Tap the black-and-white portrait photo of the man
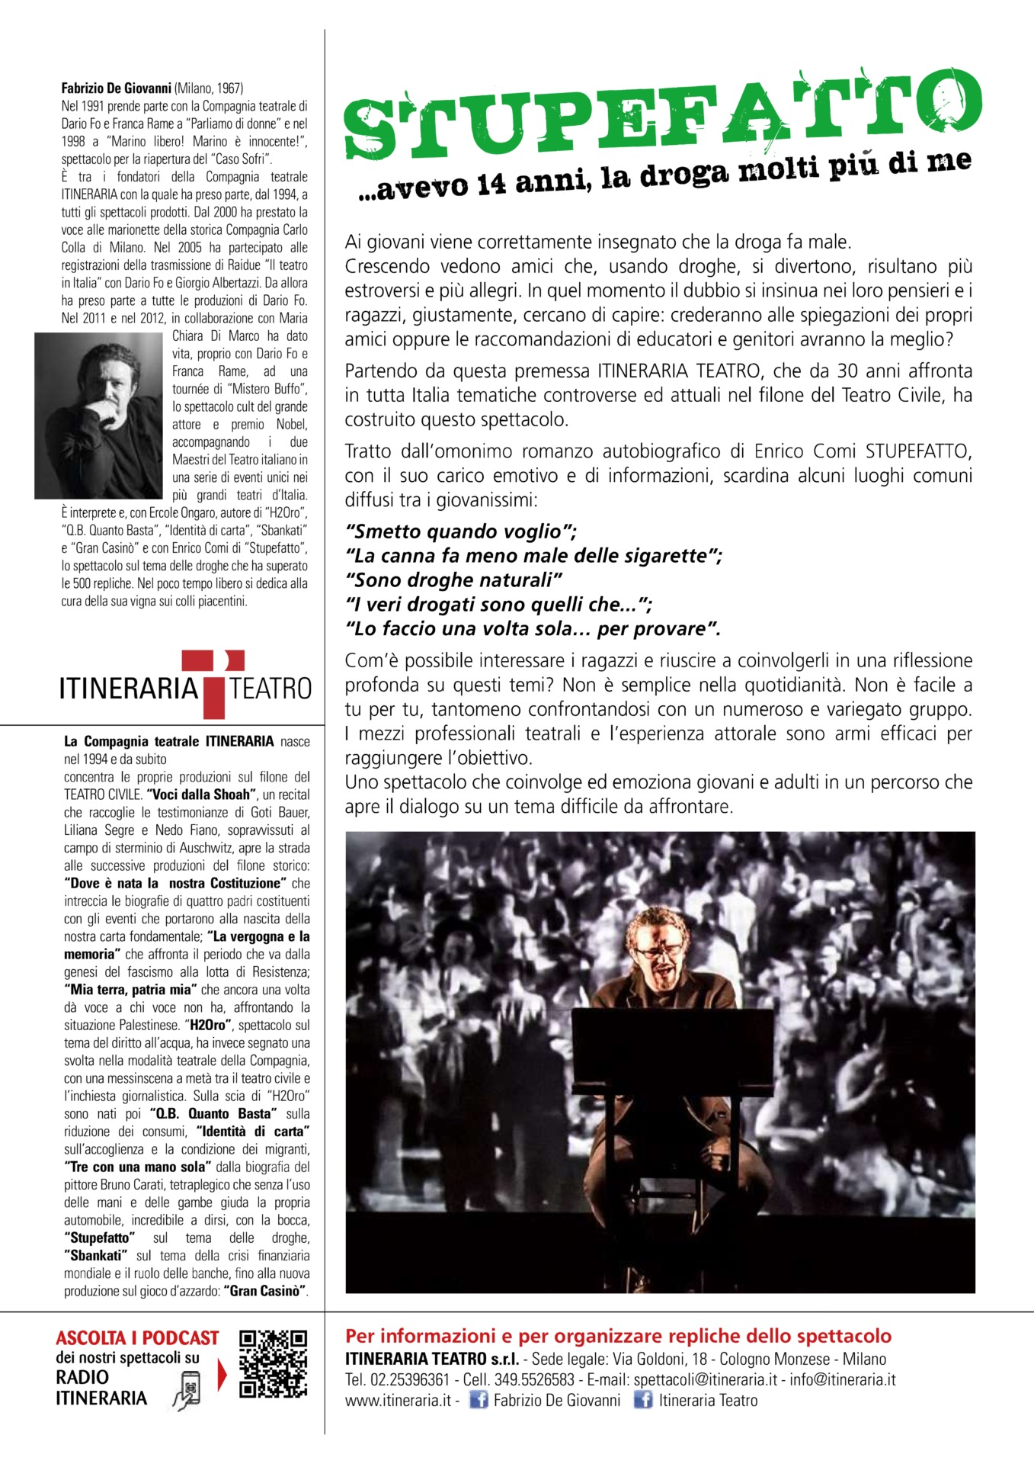pos(98,416)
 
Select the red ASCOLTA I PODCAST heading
pos(137,1338)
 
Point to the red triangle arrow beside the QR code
pos(222,1375)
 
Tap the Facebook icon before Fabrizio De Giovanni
pos(478,1400)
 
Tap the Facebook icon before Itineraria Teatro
pos(643,1400)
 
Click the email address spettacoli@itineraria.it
pos(706,1379)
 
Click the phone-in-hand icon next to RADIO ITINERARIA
pos(187,1389)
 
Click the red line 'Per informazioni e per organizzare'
pos(618,1336)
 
